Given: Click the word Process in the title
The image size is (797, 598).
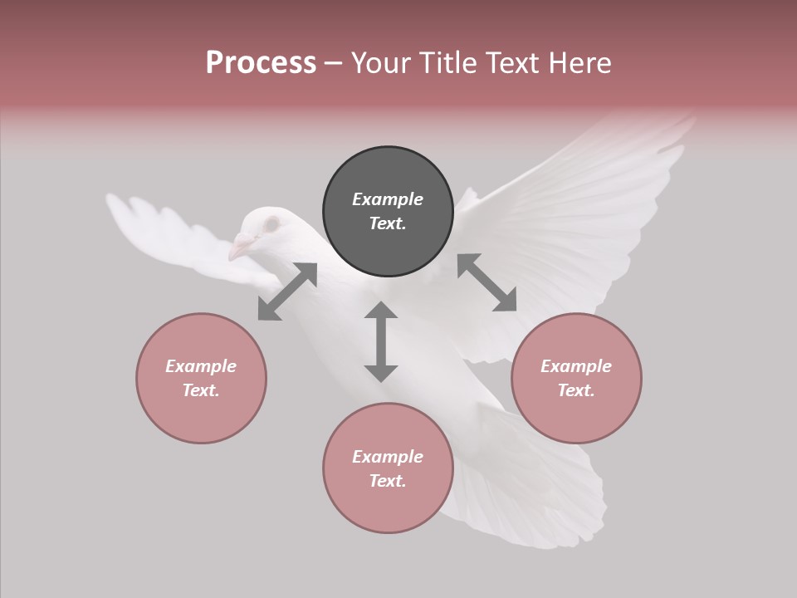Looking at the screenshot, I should pos(261,63).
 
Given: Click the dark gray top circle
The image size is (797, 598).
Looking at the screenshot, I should pos(388,211).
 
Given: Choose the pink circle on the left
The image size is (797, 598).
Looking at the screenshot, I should pos(201,378).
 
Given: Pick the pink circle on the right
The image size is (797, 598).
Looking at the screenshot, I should pos(576,378).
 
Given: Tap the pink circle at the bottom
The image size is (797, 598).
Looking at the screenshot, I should pos(388,468).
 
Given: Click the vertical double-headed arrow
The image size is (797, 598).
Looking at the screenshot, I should pos(381,341).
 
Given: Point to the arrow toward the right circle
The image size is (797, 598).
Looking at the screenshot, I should pos(487,282).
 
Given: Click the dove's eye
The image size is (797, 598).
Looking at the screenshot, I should pos(271,224).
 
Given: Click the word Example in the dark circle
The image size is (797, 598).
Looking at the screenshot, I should pos(388,199).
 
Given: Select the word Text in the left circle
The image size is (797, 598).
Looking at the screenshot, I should pos(200,390).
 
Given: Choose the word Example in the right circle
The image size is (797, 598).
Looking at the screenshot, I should pos(576,366).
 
